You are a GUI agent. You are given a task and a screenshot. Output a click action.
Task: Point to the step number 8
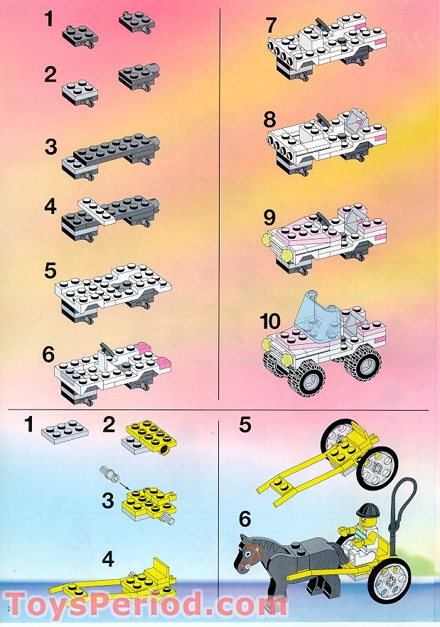pyautogui.click(x=271, y=118)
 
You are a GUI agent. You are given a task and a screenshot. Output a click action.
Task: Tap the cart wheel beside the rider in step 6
pyautogui.click(x=392, y=579)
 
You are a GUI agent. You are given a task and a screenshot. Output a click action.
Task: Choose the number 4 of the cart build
pyautogui.click(x=107, y=559)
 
